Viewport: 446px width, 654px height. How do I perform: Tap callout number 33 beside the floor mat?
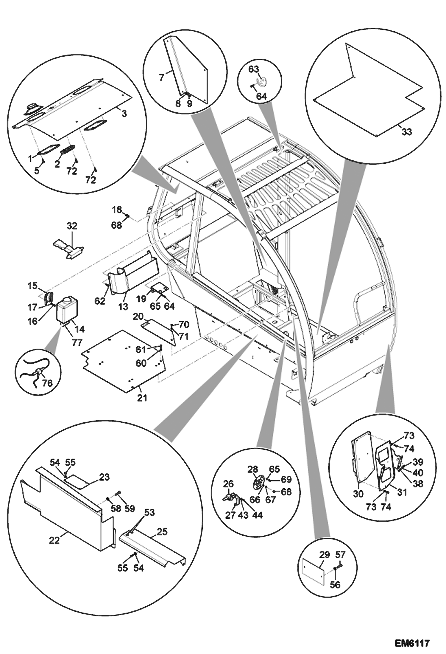407,131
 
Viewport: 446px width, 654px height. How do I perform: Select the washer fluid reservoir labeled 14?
66,310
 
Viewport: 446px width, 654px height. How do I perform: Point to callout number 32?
72,226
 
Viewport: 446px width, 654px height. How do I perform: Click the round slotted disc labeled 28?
258,482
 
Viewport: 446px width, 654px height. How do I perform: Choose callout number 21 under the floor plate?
142,398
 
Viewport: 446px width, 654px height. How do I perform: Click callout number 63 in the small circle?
254,69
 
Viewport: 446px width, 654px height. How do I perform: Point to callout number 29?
324,555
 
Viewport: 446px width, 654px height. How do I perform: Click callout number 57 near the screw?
340,555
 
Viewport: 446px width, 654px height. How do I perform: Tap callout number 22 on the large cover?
54,540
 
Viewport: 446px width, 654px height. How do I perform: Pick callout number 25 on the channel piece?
162,532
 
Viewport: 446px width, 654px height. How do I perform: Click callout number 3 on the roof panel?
124,114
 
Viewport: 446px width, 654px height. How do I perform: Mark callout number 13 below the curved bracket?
123,306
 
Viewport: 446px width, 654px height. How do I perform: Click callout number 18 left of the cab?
117,210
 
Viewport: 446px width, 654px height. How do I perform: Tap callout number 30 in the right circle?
358,494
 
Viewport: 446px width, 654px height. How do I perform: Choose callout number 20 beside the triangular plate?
138,317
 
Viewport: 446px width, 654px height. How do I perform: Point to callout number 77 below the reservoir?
77,343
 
